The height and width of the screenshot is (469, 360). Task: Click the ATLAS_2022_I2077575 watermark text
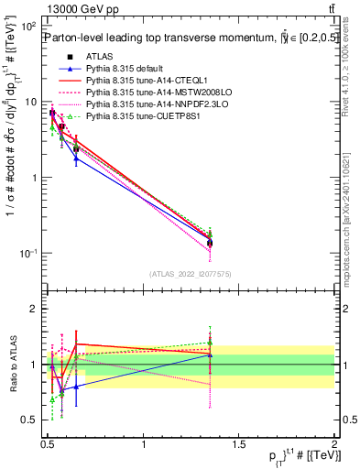191,273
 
